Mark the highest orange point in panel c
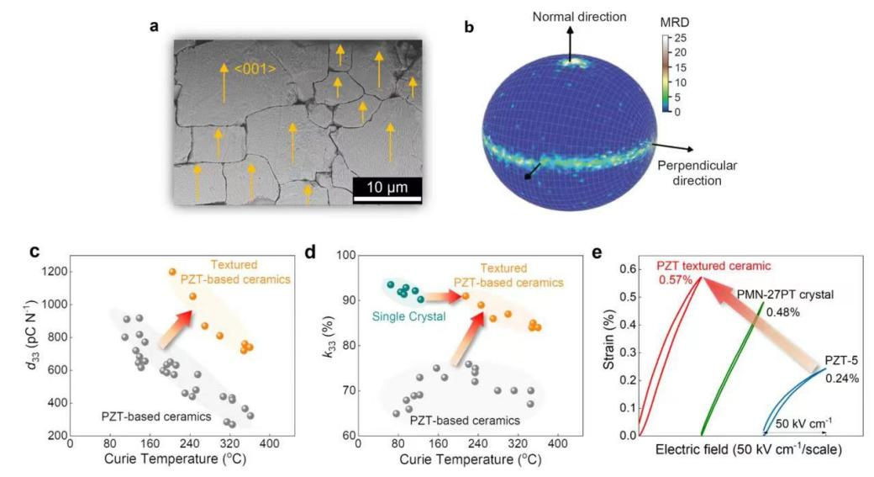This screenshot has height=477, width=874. coord(172,272)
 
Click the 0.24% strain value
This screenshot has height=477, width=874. coord(841,378)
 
